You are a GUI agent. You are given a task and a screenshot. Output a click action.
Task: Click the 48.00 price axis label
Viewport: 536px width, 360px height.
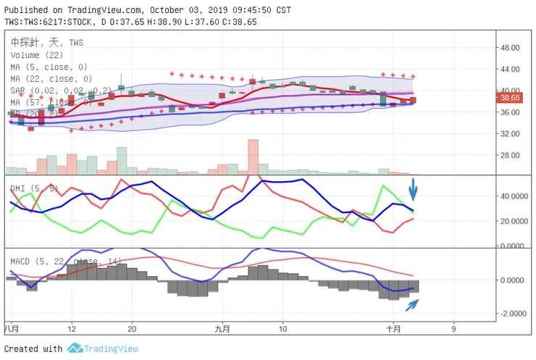511,48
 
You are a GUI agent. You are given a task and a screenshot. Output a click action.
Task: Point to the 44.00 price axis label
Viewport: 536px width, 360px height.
511,70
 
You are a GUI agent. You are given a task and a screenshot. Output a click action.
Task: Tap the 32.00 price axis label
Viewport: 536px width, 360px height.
511,134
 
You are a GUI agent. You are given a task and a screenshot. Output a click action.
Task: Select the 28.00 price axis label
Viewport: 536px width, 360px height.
511,156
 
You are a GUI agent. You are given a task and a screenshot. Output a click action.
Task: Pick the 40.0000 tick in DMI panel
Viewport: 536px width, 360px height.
513,196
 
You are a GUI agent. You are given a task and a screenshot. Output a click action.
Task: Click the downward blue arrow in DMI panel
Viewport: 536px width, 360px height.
413,189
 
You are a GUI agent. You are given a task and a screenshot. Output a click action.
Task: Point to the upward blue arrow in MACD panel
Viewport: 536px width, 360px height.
411,305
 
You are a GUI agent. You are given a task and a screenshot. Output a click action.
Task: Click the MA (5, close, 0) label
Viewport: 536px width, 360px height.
49,67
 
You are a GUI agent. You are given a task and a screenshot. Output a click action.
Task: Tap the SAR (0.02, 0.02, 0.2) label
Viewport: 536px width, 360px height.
61,91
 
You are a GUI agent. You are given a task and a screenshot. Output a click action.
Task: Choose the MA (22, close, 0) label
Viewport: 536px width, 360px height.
51,78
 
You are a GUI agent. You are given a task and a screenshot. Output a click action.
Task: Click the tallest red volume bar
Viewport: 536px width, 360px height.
253,156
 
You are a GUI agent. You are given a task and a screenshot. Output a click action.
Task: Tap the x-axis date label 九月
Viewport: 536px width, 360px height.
222,328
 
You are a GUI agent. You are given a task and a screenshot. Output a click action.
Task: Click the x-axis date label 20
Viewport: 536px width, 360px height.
131,328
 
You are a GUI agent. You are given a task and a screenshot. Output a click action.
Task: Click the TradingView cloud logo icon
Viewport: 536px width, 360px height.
75,348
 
